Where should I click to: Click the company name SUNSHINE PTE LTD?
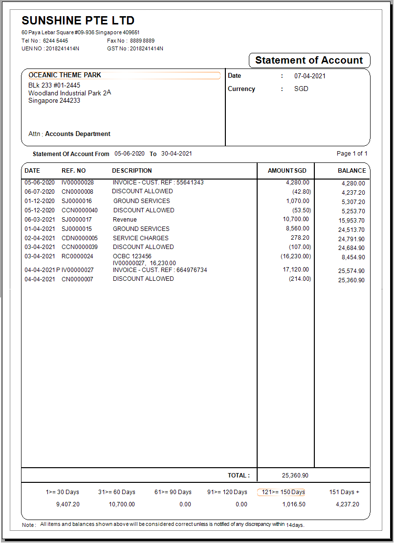tap(78, 21)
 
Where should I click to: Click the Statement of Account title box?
tap(309, 61)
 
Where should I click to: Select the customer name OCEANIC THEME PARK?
tap(65, 75)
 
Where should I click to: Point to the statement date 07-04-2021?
tap(309, 76)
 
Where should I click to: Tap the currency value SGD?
tap(301, 89)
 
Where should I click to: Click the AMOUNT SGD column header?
tap(287, 171)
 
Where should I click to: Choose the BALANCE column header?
tap(351, 171)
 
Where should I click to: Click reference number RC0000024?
tap(77, 256)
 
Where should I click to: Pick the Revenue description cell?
tap(125, 220)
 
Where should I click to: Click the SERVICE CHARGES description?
tap(140, 238)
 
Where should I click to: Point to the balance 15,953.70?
tap(351, 221)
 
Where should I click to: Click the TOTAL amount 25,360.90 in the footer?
tap(295, 476)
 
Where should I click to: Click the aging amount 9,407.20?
tap(68, 504)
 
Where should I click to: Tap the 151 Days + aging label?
tap(344, 492)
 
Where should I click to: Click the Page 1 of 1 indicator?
tap(352, 154)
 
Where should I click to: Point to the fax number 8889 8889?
tap(142, 41)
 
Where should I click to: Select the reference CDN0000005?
tap(79, 238)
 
